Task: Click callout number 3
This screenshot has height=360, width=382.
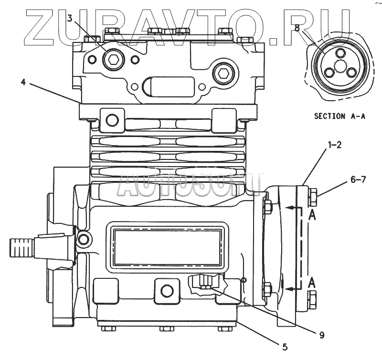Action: [70, 19]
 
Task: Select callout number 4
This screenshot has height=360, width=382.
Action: [23, 82]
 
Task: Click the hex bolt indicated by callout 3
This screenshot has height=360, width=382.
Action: [113, 60]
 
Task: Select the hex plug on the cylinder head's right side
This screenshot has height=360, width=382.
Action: [222, 74]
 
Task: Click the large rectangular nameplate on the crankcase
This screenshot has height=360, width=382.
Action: [167, 247]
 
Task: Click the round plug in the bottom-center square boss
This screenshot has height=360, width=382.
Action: [167, 290]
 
